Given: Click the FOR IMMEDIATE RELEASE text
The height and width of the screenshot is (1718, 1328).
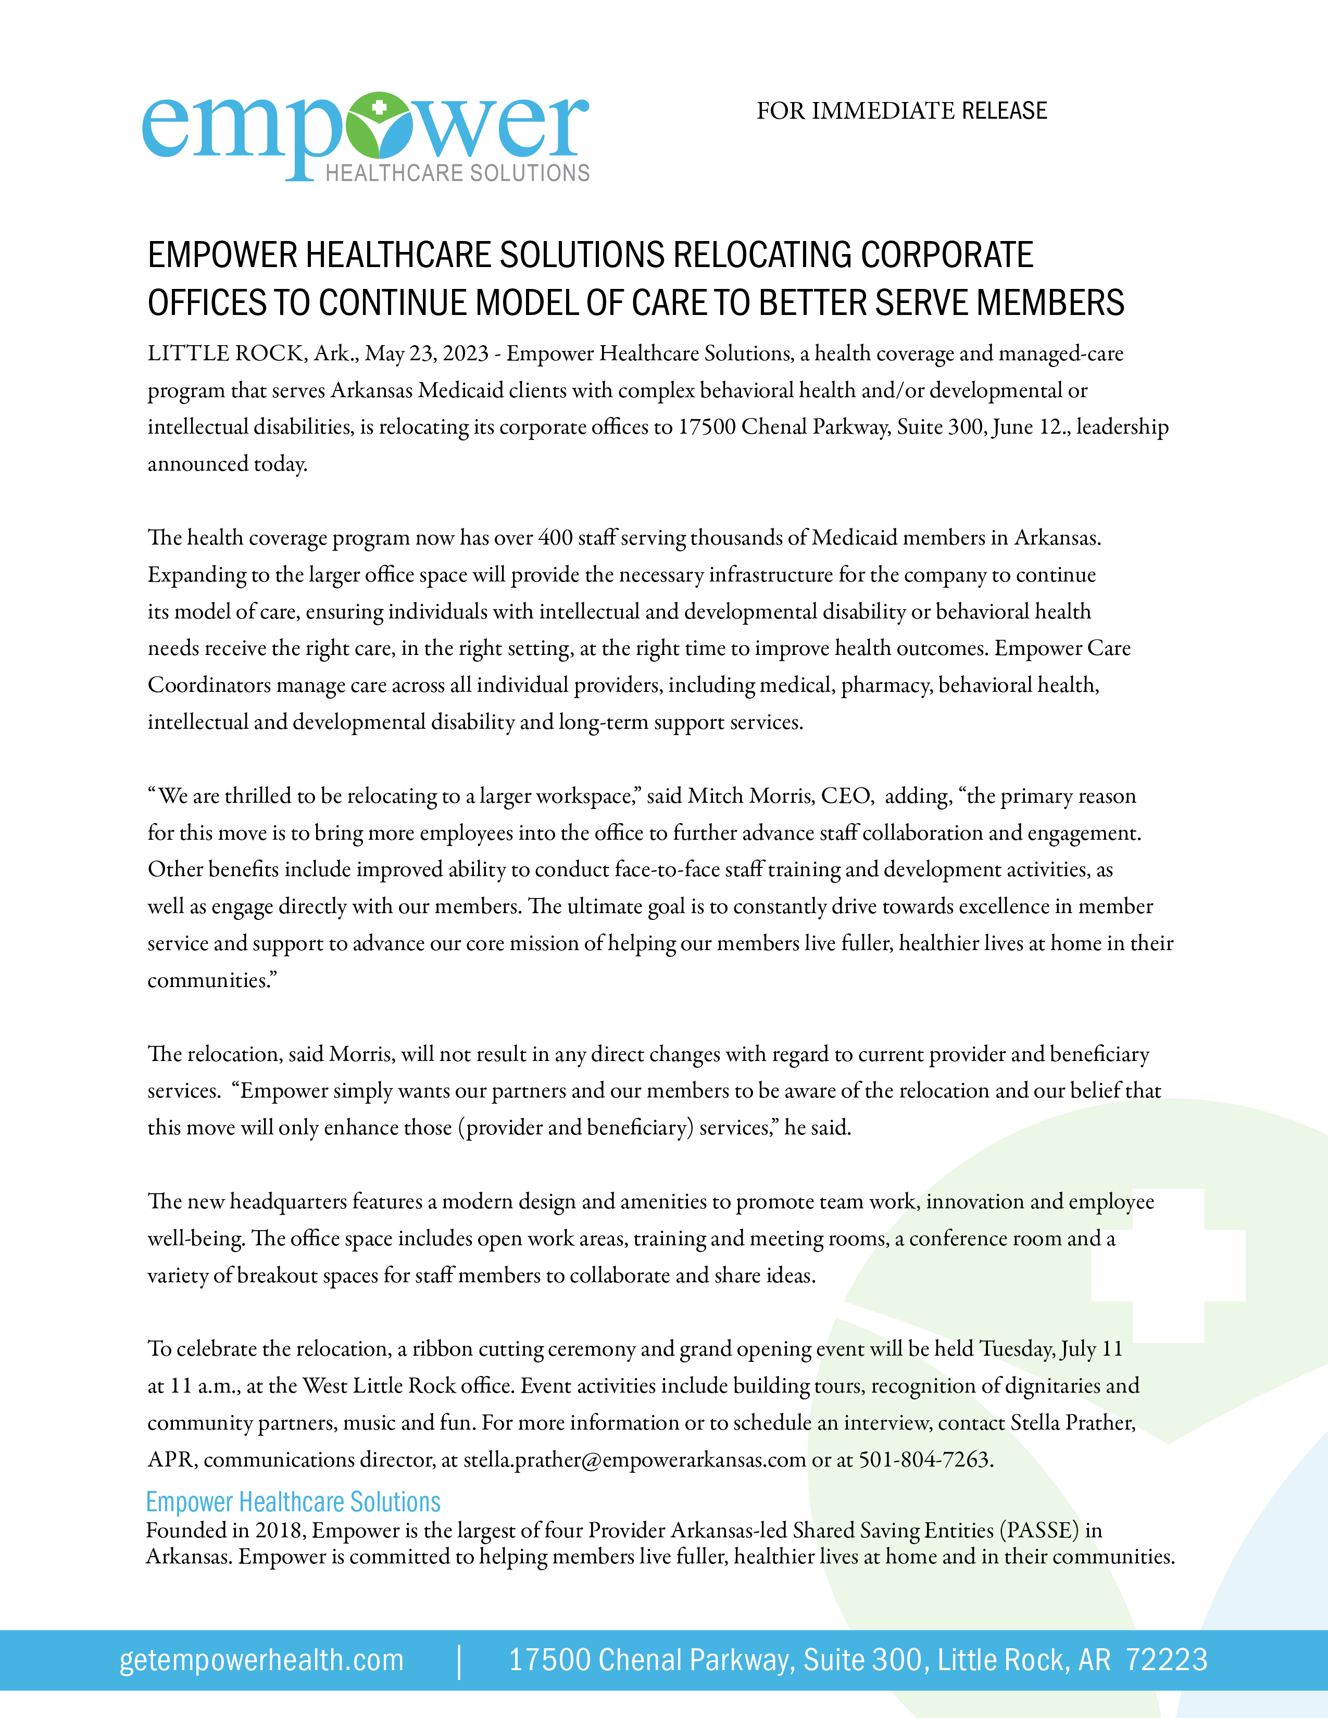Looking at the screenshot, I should tap(901, 111).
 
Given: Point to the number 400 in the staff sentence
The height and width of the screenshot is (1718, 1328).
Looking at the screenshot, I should tap(556, 538).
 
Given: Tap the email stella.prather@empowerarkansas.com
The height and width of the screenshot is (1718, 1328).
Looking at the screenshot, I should tap(634, 1460).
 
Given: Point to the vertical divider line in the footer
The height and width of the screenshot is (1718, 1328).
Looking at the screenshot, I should tap(459, 1661).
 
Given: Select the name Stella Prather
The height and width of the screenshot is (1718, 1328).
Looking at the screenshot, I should tap(1072, 1423).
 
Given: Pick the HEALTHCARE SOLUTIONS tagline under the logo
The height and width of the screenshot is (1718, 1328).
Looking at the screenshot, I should tap(457, 173).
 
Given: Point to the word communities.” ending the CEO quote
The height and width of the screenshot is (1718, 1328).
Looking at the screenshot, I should tap(212, 980).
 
